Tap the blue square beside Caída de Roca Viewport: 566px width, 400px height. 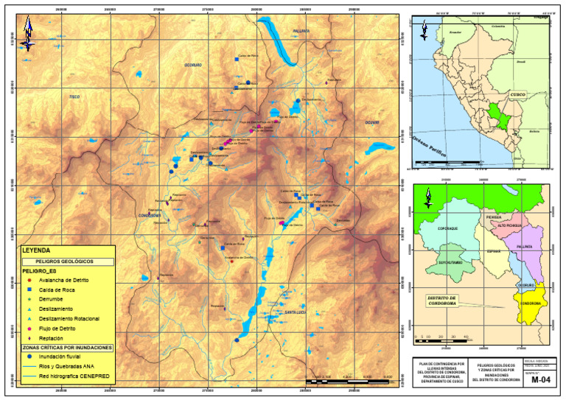click(x=28, y=290)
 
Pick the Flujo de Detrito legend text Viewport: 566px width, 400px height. click(x=52, y=328)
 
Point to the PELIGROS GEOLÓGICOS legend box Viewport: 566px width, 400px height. click(x=67, y=262)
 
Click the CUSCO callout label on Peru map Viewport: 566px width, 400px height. click(x=518, y=95)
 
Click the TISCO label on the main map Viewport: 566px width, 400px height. click(x=74, y=97)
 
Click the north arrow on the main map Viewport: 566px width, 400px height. click(x=27, y=33)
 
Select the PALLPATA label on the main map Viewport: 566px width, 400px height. click(x=301, y=32)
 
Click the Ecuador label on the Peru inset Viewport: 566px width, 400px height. click(x=455, y=33)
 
